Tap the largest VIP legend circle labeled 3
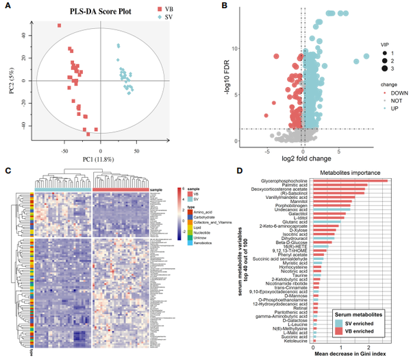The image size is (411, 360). [x=384, y=69]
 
